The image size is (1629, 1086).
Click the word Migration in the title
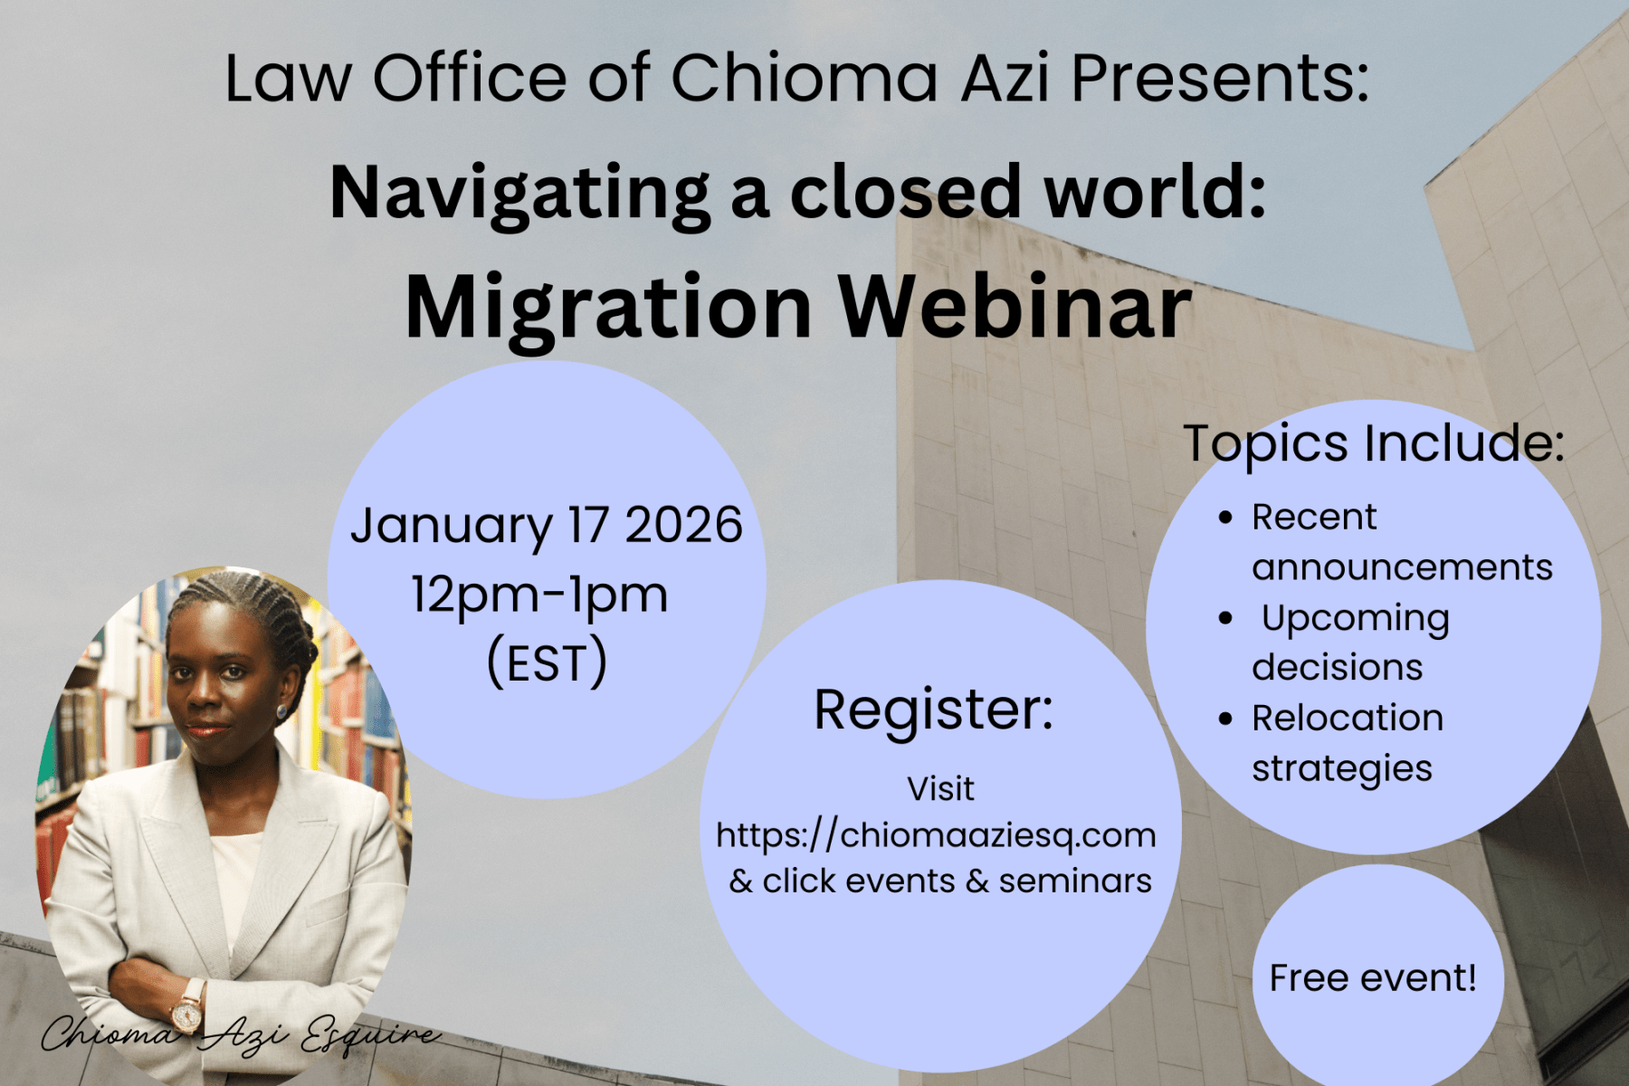point(608,310)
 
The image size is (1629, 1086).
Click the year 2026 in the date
point(683,525)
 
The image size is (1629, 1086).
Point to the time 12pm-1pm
point(540,596)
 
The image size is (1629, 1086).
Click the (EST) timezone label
point(547,662)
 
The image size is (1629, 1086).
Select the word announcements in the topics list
point(1402,567)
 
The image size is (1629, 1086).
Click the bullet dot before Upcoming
point(1226,619)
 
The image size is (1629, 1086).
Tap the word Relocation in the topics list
point(1348,718)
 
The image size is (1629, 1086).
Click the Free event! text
point(1373,978)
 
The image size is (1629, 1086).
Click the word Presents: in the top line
point(1220,79)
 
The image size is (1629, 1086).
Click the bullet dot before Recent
point(1226,518)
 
